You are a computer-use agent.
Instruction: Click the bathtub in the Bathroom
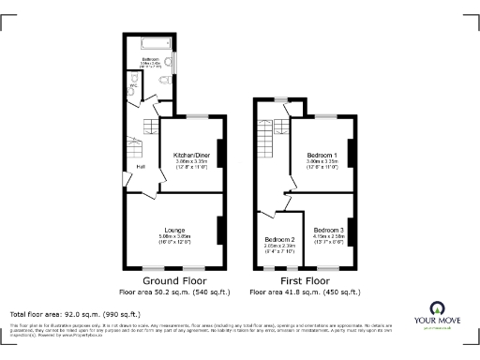tap(153, 43)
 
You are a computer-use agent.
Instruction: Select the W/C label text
tap(133, 83)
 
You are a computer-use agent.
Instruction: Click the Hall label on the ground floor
tap(141, 167)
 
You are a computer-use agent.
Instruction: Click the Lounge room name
tap(174, 231)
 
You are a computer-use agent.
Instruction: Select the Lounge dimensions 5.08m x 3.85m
tap(174, 237)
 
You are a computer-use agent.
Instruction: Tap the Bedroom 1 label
tap(322, 154)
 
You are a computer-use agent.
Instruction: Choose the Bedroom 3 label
tap(328, 230)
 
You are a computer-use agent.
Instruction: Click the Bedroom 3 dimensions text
tap(328, 236)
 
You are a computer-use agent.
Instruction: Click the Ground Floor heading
tap(173, 280)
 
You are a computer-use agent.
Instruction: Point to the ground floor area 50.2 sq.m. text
tap(173, 292)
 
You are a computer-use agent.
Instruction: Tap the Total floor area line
tap(75, 313)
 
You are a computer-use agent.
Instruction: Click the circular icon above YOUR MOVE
tap(436, 307)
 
